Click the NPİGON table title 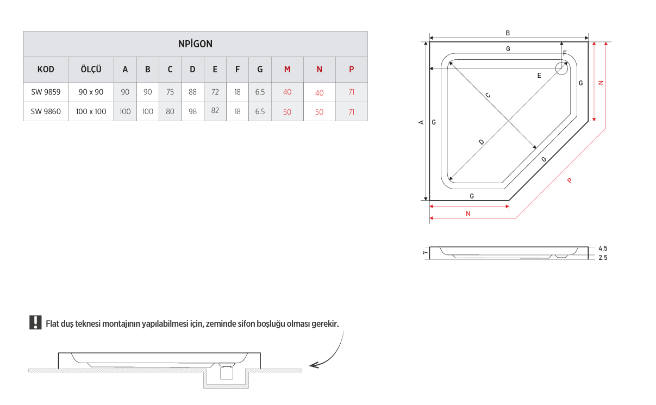click(195, 44)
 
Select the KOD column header click(46, 70)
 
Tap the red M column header click(288, 70)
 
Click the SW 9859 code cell click(46, 92)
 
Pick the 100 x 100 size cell click(91, 111)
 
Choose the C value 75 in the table click(170, 92)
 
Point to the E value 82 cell click(215, 110)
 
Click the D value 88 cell click(192, 92)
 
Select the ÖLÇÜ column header click(91, 69)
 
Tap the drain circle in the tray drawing click(561, 68)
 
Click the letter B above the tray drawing click(508, 33)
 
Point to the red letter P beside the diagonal click(570, 180)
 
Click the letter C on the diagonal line click(488, 95)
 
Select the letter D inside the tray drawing click(482, 142)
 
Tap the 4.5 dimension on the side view click(603, 248)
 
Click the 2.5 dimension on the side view click(603, 258)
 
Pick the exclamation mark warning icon click(35, 322)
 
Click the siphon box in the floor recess click(227, 373)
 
